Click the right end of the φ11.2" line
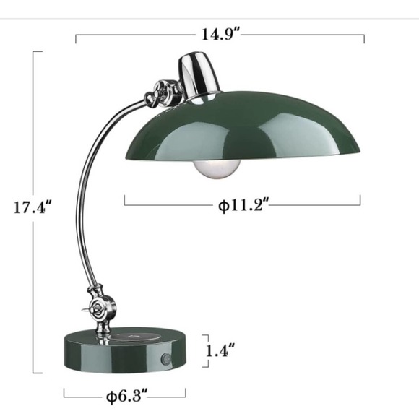[359, 202]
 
